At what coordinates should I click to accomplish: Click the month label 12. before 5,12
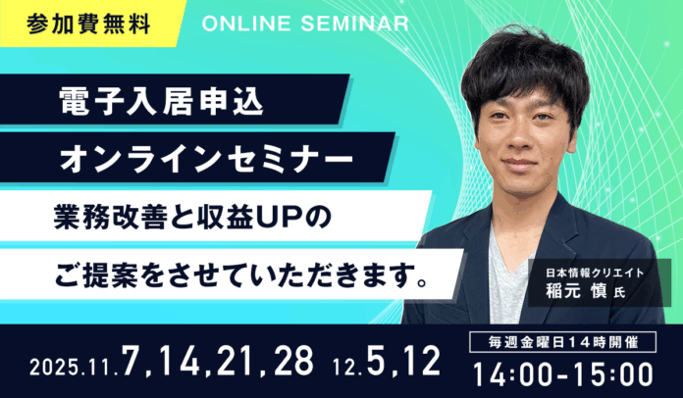pyautogui.click(x=346, y=367)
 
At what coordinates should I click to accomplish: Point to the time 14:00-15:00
pyautogui.click(x=562, y=373)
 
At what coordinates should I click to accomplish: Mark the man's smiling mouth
pyautogui.click(x=532, y=161)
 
